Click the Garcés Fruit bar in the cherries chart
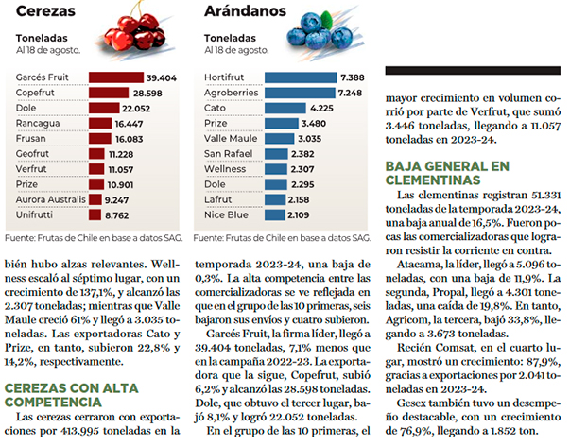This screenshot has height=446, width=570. [116, 77]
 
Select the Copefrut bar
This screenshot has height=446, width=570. [109, 93]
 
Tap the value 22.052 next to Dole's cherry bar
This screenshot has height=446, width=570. [136, 109]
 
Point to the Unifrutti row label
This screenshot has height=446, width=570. [34, 214]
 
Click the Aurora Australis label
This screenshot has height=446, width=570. [50, 199]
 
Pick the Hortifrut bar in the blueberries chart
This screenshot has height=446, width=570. [301, 77]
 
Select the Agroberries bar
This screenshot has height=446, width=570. [300, 93]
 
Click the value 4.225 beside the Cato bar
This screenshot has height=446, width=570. [321, 109]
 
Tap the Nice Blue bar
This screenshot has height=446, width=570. [275, 214]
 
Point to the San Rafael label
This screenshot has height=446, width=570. [229, 154]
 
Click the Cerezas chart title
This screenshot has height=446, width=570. [45, 11]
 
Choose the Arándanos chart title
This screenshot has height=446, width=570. [246, 11]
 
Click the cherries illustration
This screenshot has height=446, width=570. [135, 31]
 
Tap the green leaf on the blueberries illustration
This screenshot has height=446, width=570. [326, 20]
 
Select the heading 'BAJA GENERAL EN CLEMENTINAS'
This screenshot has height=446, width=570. [447, 173]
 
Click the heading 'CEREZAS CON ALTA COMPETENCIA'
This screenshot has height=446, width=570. [72, 395]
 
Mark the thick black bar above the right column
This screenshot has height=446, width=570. [473, 71]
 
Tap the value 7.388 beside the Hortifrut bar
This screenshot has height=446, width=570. [353, 77]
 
